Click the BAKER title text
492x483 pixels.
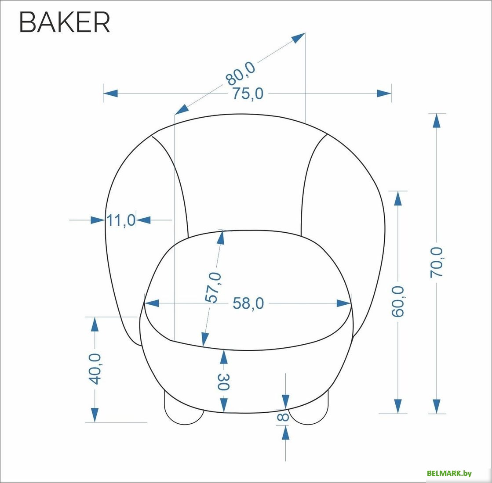point(65,22)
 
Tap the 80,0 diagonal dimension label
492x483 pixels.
point(241,74)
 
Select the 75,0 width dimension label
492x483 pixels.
point(248,94)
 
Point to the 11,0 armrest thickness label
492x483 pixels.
point(121,220)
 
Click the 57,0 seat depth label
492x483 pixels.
point(213,288)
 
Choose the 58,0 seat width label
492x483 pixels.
point(248,303)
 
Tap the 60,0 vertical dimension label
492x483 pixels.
point(398,301)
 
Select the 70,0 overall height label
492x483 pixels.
point(436,262)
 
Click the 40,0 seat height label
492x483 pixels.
point(95,369)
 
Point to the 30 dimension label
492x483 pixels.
point(223,382)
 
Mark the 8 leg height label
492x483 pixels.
point(283,417)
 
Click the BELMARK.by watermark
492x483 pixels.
point(449,473)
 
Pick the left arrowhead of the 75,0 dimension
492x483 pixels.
point(110,94)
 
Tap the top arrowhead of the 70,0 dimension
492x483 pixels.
point(437,120)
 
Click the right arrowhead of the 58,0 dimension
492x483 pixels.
point(343,303)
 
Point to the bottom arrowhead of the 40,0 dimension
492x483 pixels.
point(95,415)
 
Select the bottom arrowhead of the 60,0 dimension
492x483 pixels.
point(398,407)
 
